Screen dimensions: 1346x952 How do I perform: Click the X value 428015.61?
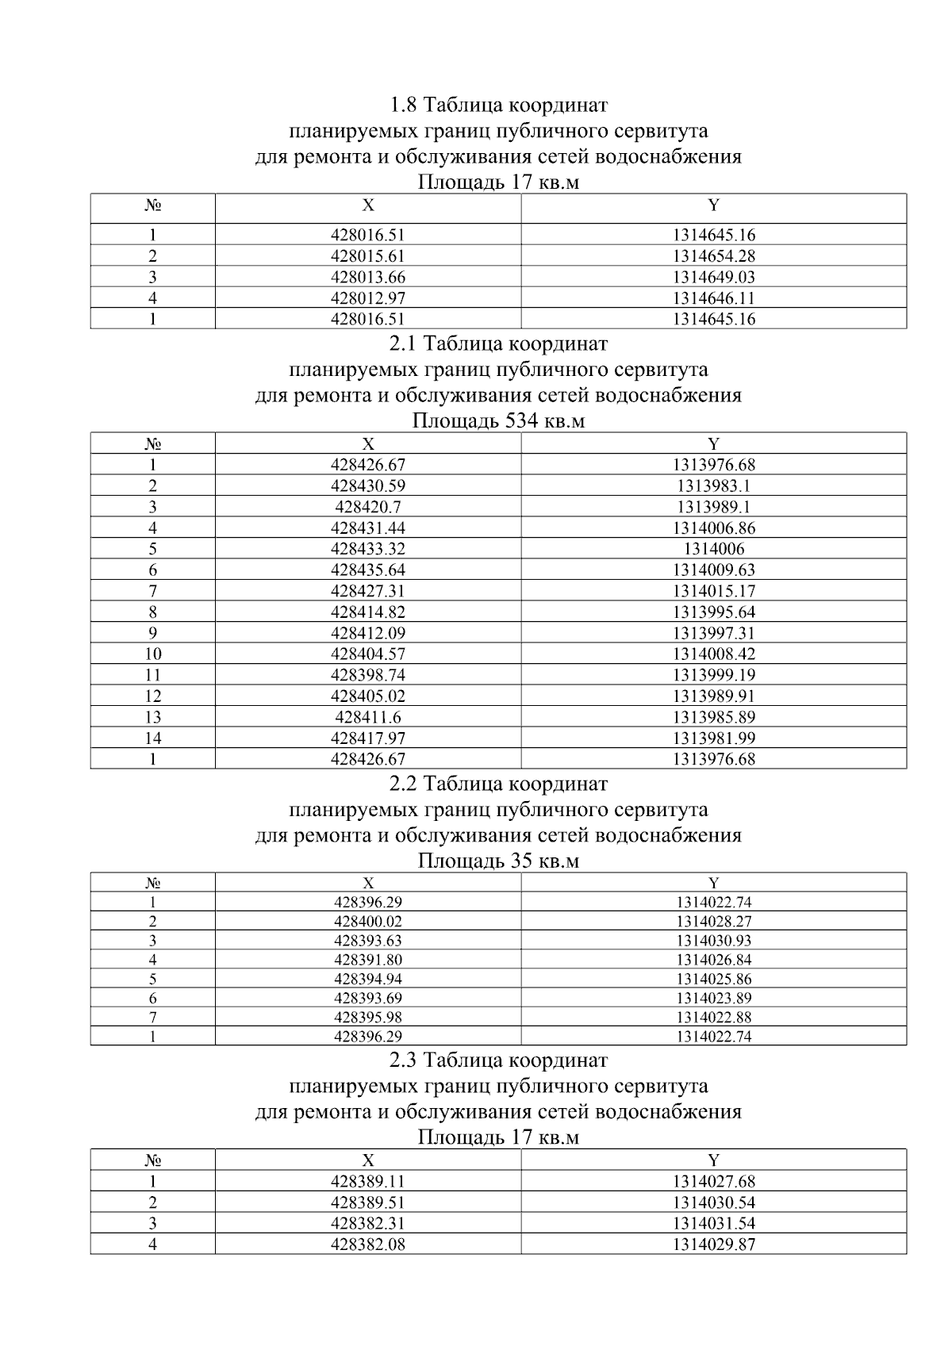[367, 256]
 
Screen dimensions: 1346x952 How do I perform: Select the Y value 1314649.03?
[713, 278]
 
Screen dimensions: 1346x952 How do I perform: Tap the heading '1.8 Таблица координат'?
[498, 105]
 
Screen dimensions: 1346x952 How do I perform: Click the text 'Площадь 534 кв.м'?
[498, 420]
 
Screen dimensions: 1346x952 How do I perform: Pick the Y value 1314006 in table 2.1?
[713, 549]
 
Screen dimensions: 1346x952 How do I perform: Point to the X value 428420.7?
[367, 507]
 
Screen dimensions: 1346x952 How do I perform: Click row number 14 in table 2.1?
[152, 738]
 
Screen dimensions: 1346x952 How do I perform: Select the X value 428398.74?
[367, 675]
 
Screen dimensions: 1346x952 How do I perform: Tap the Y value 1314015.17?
[713, 591]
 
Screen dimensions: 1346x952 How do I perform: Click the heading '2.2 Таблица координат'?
[498, 784]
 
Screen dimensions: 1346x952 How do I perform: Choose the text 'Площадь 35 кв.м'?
[498, 861]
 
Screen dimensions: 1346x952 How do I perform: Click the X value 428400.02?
[367, 922]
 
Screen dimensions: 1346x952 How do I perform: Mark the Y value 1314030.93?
[713, 941]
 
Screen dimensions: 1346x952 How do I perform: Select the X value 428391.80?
[367, 960]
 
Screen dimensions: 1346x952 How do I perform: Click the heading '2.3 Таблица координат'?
[498, 1060]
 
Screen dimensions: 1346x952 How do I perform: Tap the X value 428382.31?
[367, 1223]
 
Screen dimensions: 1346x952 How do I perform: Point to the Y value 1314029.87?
[713, 1244]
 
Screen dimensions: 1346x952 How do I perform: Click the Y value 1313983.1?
[713, 486]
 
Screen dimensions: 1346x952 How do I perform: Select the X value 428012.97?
[367, 298]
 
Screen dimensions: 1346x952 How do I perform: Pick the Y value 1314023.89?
[713, 998]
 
